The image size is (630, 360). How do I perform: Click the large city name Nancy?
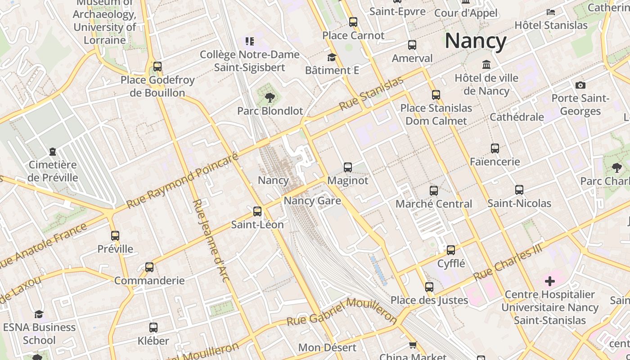pyautogui.click(x=476, y=41)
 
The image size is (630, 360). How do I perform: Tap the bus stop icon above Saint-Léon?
pyautogui.click(x=257, y=211)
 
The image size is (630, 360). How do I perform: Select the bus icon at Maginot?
pyautogui.click(x=347, y=167)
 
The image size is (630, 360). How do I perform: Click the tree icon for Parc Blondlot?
pyautogui.click(x=270, y=97)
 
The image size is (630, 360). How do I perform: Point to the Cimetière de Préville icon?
pyautogui.click(x=53, y=152)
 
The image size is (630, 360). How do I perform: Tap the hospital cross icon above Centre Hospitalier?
pyautogui.click(x=549, y=282)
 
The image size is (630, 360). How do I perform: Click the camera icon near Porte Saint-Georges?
pyautogui.click(x=580, y=85)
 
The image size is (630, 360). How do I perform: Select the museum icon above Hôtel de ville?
pyautogui.click(x=486, y=65)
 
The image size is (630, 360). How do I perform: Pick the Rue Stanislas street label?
pyautogui.click(x=371, y=94)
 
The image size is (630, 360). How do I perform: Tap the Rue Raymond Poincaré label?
pyautogui.click(x=182, y=181)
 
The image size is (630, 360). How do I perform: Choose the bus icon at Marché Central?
pyautogui.click(x=433, y=191)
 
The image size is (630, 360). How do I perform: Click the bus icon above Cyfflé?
pyautogui.click(x=451, y=250)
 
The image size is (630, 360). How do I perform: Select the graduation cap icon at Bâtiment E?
pyautogui.click(x=332, y=57)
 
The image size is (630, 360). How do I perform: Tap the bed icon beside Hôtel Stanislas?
pyautogui.click(x=551, y=12)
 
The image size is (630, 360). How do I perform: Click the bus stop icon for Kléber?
pyautogui.click(x=153, y=328)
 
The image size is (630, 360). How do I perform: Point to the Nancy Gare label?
pyautogui.click(x=312, y=200)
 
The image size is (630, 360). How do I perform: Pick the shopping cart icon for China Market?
pyautogui.click(x=413, y=345)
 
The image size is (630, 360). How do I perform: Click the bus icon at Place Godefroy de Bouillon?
pyautogui.click(x=157, y=67)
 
